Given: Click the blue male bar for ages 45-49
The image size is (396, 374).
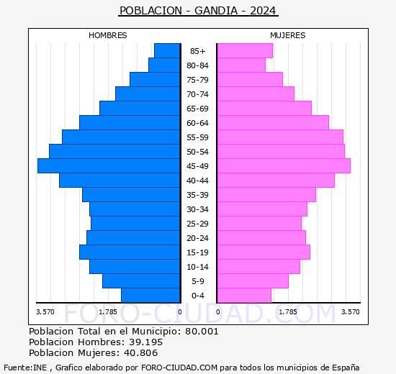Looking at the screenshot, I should [108, 166].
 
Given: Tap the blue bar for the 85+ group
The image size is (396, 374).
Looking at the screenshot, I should [166, 51].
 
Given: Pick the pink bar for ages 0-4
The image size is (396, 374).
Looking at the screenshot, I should [243, 296].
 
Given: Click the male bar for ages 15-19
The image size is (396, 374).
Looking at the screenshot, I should [130, 252].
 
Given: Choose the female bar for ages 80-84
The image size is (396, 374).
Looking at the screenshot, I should [240, 65].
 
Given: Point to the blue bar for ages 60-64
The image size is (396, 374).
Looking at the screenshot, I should [130, 123].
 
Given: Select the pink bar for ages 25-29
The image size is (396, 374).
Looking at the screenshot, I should [258, 224].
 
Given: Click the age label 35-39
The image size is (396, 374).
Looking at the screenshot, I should [197, 195].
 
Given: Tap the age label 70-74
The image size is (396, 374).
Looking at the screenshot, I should [197, 94].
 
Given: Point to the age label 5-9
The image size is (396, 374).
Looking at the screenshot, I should [197, 281].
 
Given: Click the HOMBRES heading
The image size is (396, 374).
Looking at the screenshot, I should [108, 35].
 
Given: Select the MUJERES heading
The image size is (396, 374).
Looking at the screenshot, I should [287, 35].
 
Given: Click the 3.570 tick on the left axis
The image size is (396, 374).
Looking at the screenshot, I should [45, 312].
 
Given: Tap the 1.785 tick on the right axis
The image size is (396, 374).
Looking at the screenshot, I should [287, 312].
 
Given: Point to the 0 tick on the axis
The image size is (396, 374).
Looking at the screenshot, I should [180, 312].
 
